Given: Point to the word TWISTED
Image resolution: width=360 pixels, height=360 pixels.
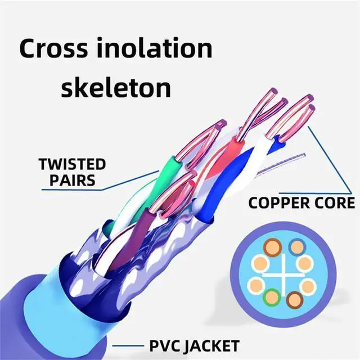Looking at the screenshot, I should click(72, 165).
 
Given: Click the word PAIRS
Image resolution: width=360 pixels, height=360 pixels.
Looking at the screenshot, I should click(71, 181).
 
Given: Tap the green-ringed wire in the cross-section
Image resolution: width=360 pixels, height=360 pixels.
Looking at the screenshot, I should click(272, 296).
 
